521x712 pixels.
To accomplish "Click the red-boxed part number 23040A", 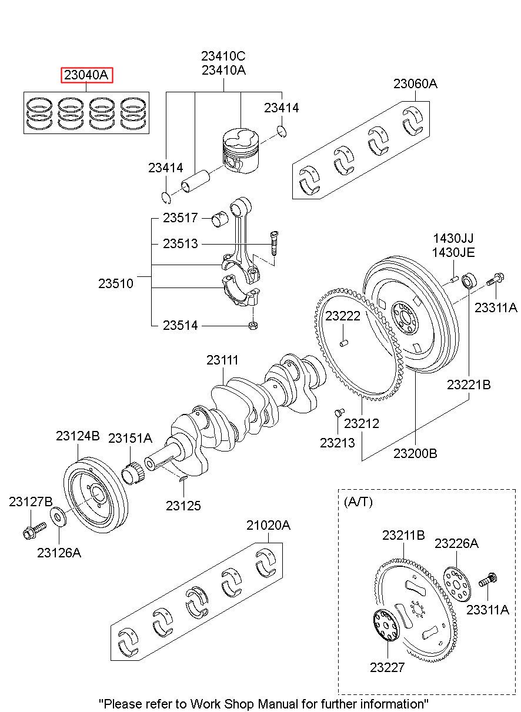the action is click(x=86, y=75).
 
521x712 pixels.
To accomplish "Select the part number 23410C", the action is click(x=223, y=56).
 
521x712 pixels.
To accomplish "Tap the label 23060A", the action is click(x=416, y=83).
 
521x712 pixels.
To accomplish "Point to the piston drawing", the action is click(x=241, y=151).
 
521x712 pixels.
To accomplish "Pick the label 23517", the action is click(x=181, y=218).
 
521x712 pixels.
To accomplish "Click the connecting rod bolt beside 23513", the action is click(x=273, y=244).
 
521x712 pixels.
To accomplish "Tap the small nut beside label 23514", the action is click(x=253, y=326).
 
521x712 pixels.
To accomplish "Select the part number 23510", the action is click(x=116, y=283).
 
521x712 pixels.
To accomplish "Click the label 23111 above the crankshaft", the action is click(x=222, y=360).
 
